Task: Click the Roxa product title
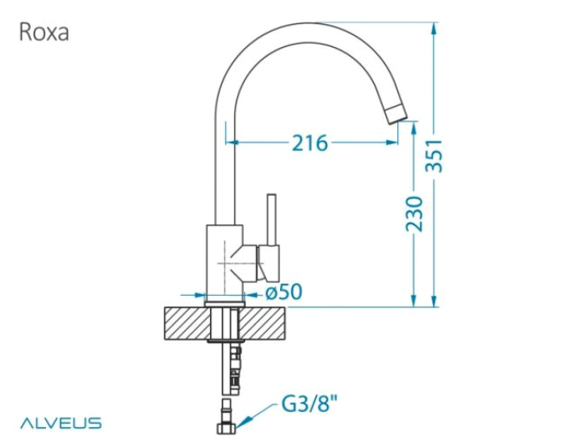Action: [x=43, y=32]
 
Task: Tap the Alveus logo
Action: [x=60, y=423]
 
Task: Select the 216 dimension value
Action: [x=309, y=143]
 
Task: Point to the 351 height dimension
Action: [x=434, y=156]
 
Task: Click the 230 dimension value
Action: [x=414, y=214]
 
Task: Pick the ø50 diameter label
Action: [x=284, y=291]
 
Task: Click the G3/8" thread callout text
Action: [x=305, y=404]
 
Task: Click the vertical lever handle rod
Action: [x=272, y=219]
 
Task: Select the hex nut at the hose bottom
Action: [x=228, y=428]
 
